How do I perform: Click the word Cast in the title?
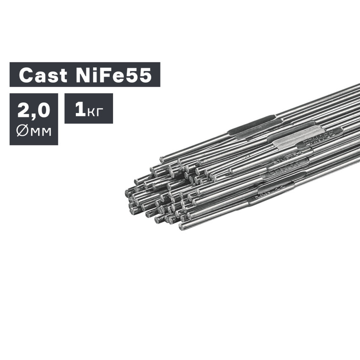tap(43, 75)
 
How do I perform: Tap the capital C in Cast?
tap(26, 75)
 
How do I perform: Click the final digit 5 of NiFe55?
tap(144, 75)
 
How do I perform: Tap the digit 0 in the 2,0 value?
tap(43, 110)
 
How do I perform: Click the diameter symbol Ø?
tap(22, 131)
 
